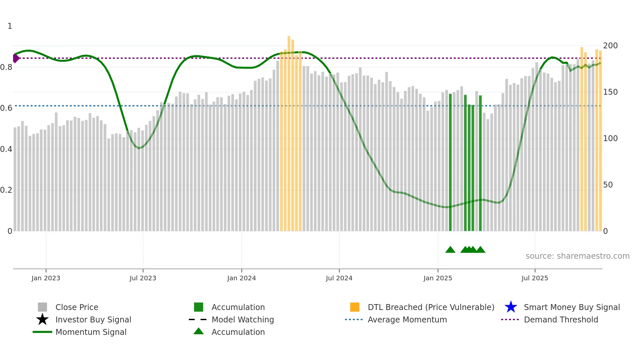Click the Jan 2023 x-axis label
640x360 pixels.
pos(46,278)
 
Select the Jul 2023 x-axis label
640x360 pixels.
pos(143,278)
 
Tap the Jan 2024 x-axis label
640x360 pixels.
pos(241,278)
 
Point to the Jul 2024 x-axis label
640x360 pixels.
pos(339,278)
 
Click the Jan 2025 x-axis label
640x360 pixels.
pos(438,278)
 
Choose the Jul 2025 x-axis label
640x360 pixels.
pos(535,278)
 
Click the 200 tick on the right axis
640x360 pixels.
pos(610,46)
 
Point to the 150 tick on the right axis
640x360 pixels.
pos(610,92)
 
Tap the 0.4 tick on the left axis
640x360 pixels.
pos(6,149)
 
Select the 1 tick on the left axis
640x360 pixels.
pos(10,26)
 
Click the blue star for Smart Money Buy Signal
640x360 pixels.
pos(511,307)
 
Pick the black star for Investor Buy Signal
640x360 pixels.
pos(42,319)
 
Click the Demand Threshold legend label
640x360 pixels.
pos(561,319)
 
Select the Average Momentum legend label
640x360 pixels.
pos(407,319)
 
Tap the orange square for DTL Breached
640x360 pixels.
pos(355,307)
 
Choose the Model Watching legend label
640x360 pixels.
pos(243,319)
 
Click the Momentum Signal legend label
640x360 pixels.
pos(91,332)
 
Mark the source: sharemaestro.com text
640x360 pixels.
pos(577,256)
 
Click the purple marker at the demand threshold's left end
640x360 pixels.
pos(16,58)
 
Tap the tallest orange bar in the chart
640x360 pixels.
pos(289,131)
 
